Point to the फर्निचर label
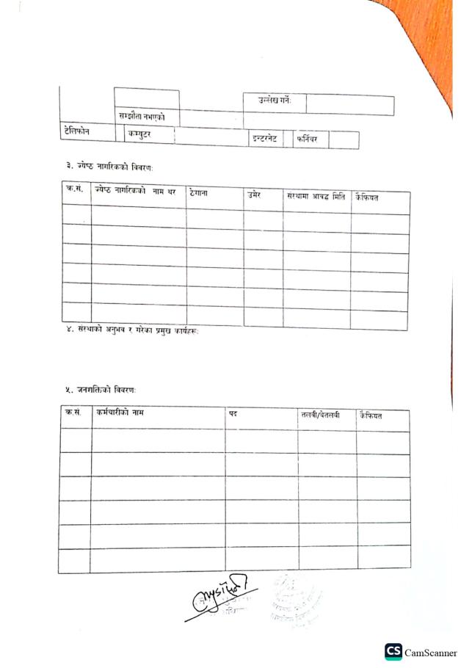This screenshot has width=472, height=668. pos(308,139)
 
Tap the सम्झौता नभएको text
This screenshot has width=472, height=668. pos(142,116)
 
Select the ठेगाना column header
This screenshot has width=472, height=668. pos(201,193)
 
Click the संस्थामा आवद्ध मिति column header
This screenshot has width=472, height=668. pos(316,197)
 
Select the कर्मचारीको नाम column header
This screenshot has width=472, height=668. pos(120,413)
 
